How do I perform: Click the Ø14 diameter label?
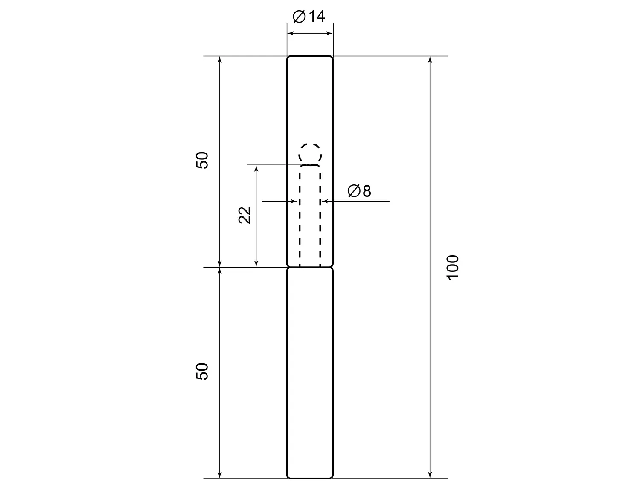308,16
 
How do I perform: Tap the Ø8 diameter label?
359,191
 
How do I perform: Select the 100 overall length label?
453,267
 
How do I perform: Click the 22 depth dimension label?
244,215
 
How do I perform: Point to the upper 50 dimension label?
202,160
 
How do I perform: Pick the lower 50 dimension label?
202,372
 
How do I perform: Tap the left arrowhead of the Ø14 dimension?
291,33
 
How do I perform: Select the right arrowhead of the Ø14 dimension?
329,33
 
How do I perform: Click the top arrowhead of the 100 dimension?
430,59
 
